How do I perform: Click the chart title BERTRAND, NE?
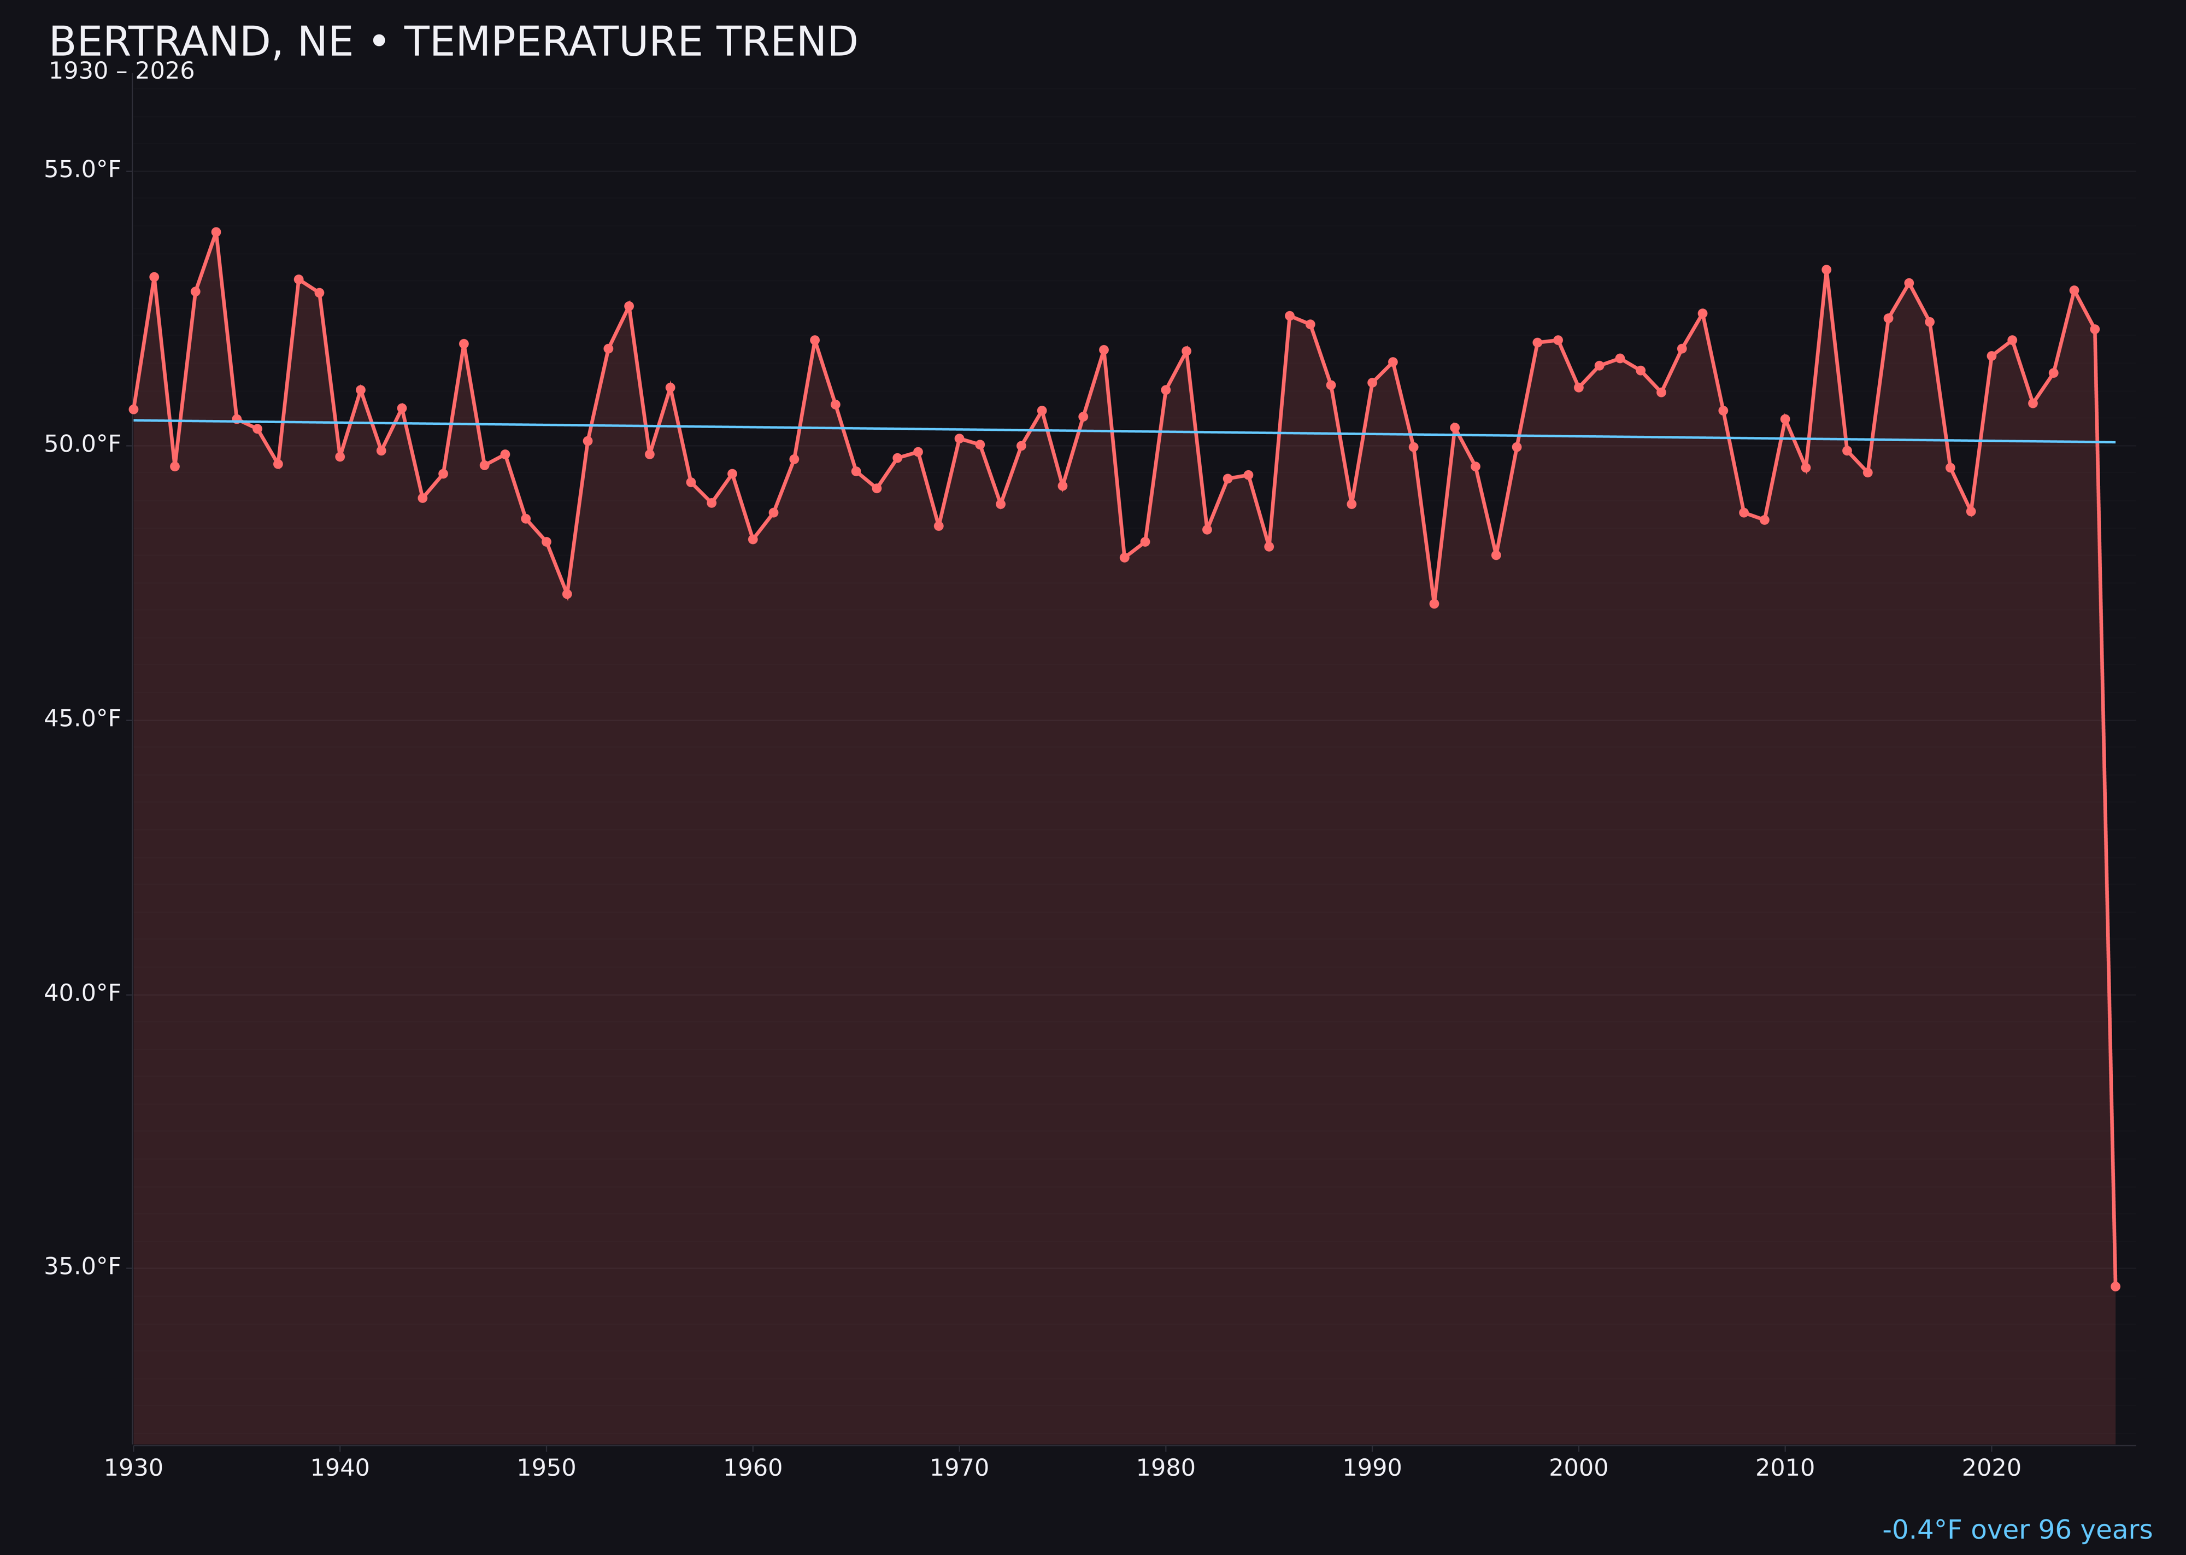453,42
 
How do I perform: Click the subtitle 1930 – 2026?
121,72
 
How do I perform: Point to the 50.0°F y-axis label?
83,445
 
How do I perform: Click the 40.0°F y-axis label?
83,993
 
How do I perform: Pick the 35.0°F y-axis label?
83,1267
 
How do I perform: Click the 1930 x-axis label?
133,1468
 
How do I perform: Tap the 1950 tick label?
546,1468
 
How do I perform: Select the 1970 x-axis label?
959,1468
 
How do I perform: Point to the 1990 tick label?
1372,1468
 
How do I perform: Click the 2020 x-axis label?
1991,1468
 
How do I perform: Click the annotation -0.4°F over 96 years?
2017,1530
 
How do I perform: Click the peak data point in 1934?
216,232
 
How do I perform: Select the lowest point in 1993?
1433,603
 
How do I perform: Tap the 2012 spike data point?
1826,270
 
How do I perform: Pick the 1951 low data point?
567,594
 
